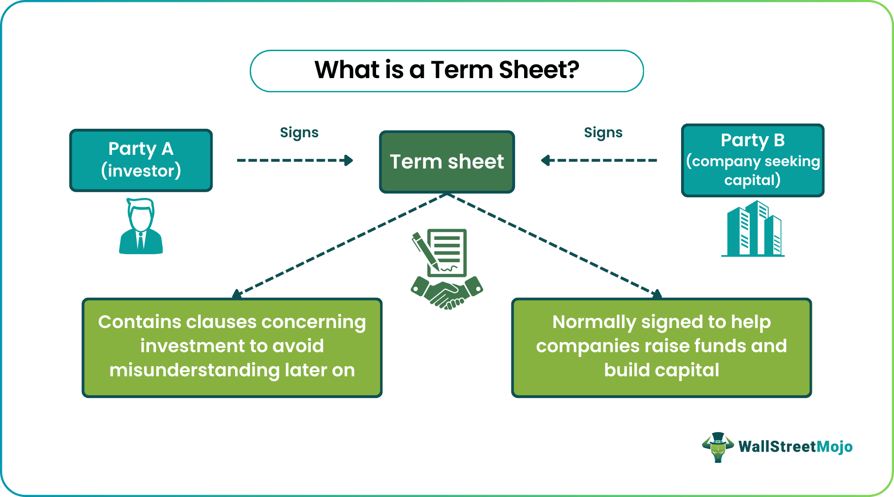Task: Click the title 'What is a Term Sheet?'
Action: [447, 70]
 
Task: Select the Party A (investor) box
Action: [141, 160]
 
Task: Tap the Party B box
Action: [752, 160]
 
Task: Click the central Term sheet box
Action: [447, 162]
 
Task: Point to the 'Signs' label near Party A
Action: [299, 133]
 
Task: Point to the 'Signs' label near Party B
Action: [603, 133]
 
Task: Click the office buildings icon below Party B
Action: [753, 229]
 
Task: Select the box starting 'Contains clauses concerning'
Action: [232, 347]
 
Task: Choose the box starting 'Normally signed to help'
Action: [661, 347]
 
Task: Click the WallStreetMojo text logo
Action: [795, 446]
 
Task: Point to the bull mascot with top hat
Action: [718, 447]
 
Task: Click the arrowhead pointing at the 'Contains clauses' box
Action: [237, 294]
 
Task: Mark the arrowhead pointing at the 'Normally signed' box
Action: [657, 294]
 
